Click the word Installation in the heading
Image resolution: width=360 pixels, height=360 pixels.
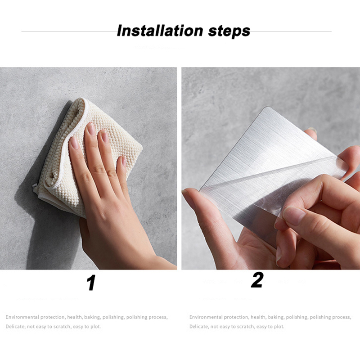click(160, 31)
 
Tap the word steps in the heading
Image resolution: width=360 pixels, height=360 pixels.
click(229, 31)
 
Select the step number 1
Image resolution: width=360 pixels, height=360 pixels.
click(91, 283)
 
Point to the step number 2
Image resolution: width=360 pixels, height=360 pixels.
click(257, 280)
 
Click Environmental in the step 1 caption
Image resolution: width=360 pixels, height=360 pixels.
click(22, 317)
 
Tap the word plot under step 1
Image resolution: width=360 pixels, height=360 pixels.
click(95, 327)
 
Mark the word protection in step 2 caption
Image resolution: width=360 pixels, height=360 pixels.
click(236, 318)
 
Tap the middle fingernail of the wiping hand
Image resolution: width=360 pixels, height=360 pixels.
click(91, 129)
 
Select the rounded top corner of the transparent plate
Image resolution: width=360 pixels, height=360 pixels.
click(269, 108)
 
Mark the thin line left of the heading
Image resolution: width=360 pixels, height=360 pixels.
click(69, 31)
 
